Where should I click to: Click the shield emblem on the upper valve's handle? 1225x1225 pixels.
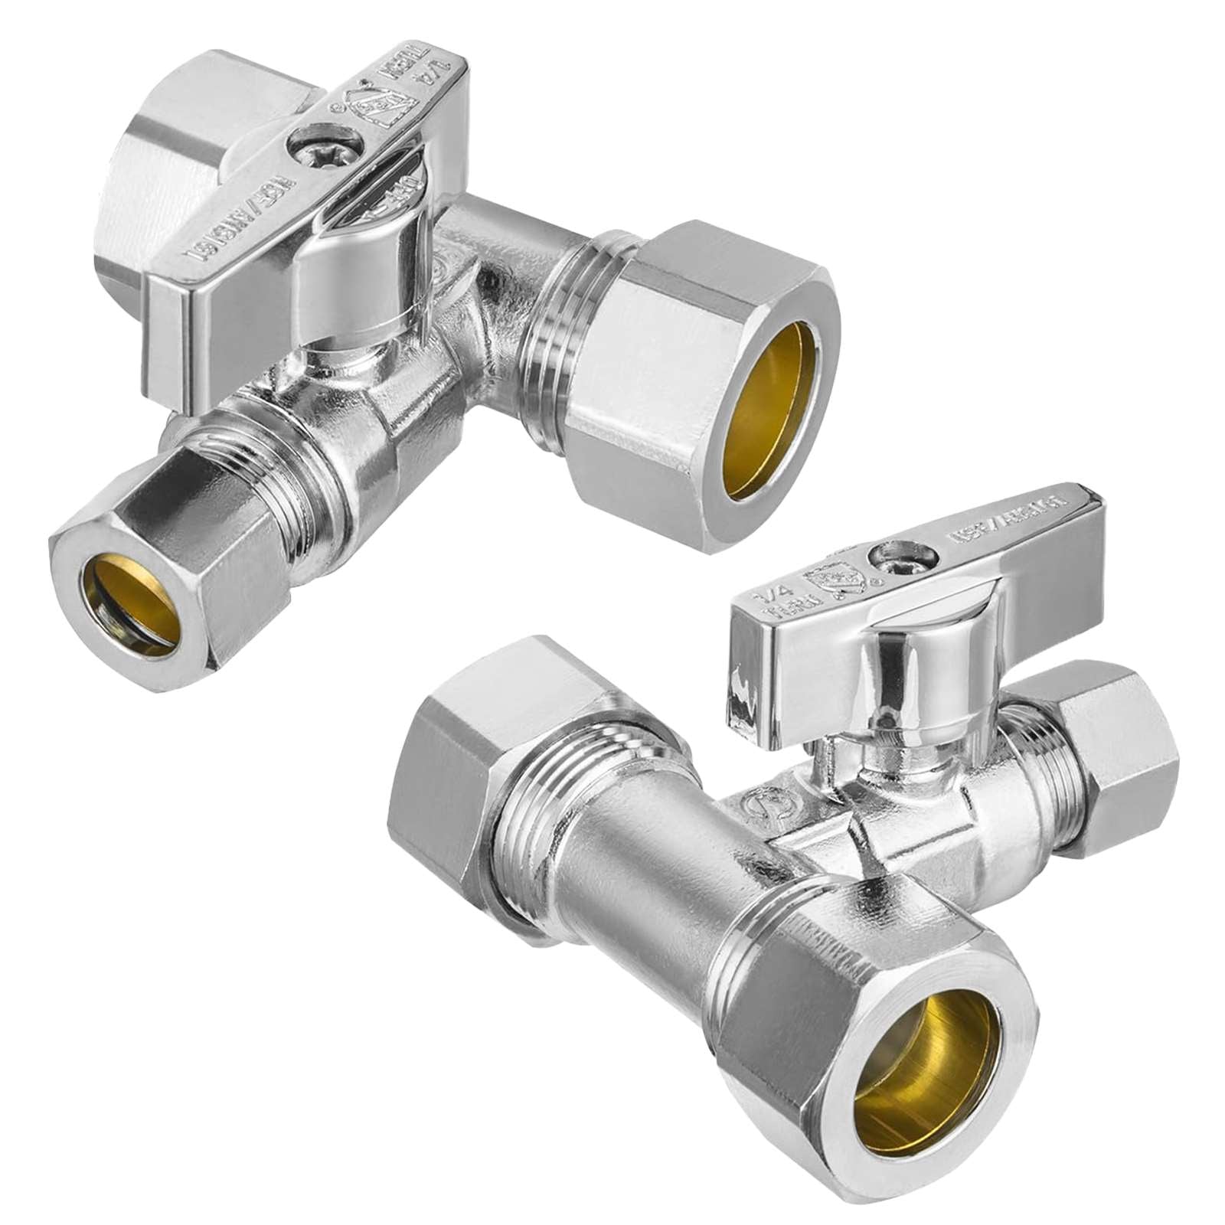coord(370,109)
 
